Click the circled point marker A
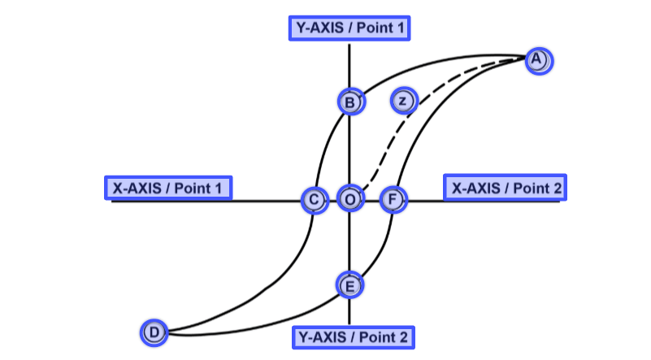[537, 59]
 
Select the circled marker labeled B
[350, 102]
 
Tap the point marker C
[313, 199]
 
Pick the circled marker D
[154, 332]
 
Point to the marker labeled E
[349, 284]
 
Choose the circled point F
[393, 199]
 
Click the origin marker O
[350, 199]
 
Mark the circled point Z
[403, 101]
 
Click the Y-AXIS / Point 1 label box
[349, 28]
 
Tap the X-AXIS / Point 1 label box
[168, 188]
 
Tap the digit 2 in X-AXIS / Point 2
[556, 188]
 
